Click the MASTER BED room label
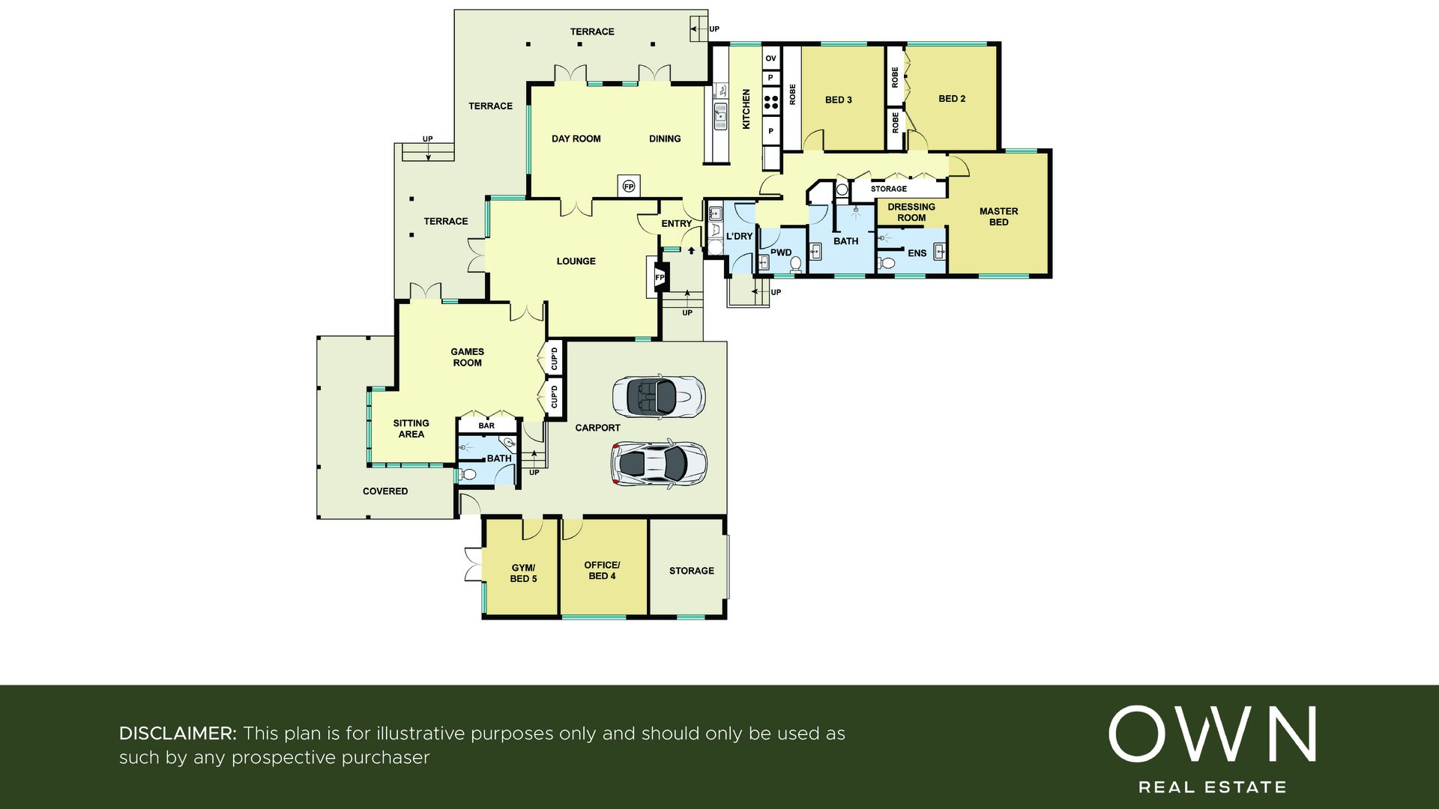pos(998,216)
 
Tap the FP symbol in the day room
pos(629,186)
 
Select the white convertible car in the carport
pos(659,396)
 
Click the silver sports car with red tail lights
pos(659,464)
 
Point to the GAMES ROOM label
pos(467,357)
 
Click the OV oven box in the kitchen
pos(771,58)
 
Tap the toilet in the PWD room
pos(795,264)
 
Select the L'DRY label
pos(739,236)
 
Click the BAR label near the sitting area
pos(486,425)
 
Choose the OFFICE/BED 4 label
pos(603,570)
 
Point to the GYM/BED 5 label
pos(523,573)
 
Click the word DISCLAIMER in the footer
pos(178,733)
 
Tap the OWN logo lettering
pos(1212,733)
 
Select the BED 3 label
pos(839,100)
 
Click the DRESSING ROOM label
pos(911,212)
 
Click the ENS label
pos(917,253)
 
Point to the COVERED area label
pos(385,491)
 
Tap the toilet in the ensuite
pos(887,263)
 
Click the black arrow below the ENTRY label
pos(691,252)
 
